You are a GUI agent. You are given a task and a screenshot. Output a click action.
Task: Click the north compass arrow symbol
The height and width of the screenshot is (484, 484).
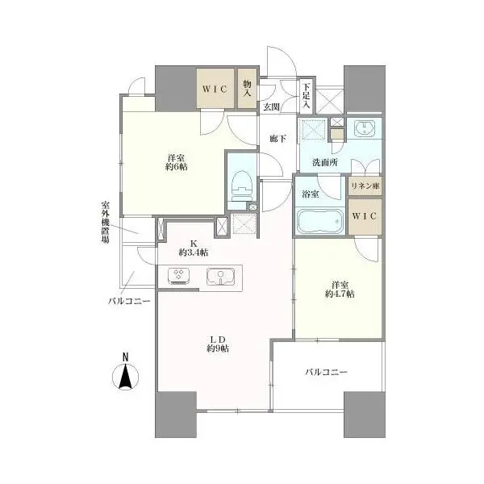[x=125, y=376]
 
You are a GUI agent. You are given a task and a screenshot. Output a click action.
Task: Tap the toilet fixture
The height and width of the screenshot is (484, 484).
[x=242, y=186]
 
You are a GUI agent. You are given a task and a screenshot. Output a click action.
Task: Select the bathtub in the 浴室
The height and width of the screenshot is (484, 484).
[x=320, y=221]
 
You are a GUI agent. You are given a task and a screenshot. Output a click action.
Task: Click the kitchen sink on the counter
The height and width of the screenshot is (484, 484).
[x=221, y=276]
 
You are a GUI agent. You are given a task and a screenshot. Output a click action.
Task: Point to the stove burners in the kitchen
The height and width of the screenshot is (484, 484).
[x=179, y=276]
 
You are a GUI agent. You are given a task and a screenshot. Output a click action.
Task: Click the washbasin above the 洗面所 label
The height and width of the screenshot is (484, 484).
[x=365, y=127]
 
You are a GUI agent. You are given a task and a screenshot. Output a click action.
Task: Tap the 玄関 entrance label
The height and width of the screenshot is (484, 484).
[x=272, y=107]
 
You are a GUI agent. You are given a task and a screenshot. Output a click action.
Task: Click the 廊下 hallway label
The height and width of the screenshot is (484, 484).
[x=277, y=139]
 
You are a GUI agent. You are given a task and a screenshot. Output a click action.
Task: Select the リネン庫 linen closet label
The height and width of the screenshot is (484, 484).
[x=365, y=186]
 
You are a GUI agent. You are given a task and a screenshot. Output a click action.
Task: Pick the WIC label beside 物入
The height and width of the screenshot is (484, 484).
[x=215, y=90]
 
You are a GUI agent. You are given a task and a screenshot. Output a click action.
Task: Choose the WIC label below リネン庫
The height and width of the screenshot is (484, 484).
[x=365, y=215]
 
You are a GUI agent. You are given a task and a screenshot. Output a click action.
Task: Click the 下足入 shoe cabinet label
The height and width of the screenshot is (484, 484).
[x=306, y=95]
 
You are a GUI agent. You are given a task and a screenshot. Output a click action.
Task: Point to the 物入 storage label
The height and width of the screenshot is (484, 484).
[x=247, y=88]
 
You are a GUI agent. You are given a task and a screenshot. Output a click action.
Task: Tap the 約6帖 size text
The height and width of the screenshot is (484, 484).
[x=176, y=167]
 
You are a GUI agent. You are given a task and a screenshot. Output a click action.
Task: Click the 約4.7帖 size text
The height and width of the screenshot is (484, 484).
[x=340, y=294]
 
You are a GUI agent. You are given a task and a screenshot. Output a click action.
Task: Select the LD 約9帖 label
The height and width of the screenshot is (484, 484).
[x=218, y=344]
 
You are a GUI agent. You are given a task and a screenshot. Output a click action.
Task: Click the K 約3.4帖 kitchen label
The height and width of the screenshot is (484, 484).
[x=194, y=248]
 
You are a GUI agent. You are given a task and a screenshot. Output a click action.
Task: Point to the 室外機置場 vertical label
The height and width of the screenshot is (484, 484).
[x=105, y=223]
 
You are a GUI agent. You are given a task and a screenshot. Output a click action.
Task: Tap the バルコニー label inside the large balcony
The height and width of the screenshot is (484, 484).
[x=327, y=372]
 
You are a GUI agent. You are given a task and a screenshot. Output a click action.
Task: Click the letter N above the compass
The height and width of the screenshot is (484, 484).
[x=125, y=357]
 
